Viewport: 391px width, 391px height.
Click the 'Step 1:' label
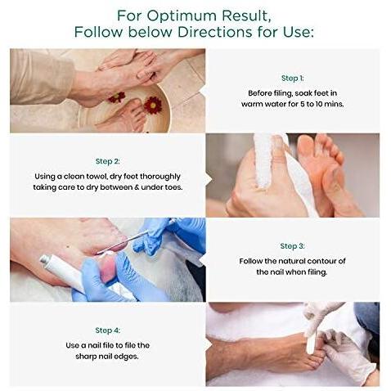click(x=292, y=79)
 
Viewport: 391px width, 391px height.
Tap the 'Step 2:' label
click(x=108, y=161)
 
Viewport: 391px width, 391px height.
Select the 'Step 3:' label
click(x=292, y=246)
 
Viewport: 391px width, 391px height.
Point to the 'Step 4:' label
click(x=108, y=330)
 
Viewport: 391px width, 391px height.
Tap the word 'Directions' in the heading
click(x=215, y=32)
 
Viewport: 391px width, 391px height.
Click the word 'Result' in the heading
click(x=245, y=16)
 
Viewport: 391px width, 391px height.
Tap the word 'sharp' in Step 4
click(x=86, y=357)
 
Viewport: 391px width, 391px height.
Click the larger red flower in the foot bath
click(x=153, y=105)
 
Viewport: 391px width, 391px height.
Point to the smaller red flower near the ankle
click(x=117, y=97)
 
